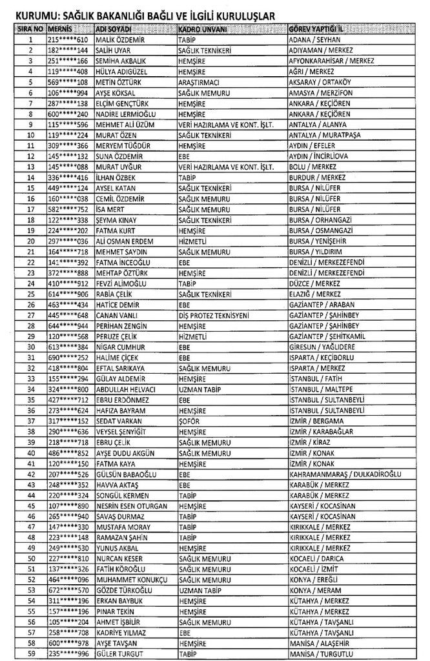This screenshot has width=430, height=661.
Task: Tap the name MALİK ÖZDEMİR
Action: click(121, 39)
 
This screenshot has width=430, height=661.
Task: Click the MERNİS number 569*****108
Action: click(68, 82)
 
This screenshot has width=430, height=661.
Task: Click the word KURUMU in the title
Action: click(31, 13)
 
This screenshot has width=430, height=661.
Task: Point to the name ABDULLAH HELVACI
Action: click(125, 389)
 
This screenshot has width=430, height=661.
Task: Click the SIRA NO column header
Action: click(30, 29)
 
